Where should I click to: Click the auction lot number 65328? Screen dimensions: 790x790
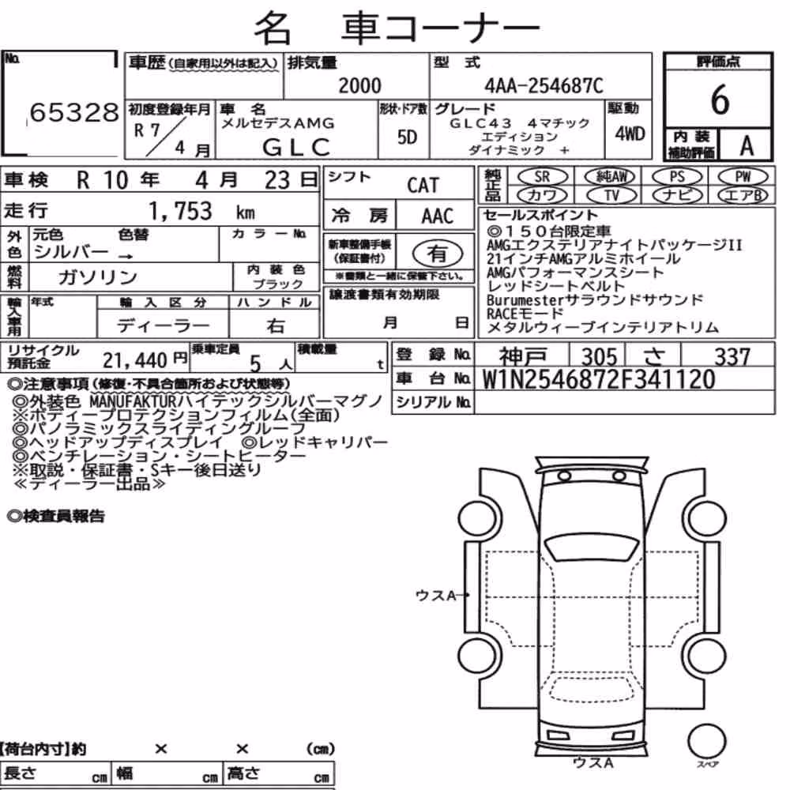click(74, 112)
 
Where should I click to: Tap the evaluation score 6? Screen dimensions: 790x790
click(720, 99)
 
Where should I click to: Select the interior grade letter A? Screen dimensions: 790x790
click(747, 145)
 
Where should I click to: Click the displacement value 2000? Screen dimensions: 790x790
click(359, 85)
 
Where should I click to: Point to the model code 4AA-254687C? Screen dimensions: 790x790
click(544, 86)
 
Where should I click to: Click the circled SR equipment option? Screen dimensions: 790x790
click(543, 177)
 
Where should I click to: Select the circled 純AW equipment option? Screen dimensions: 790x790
click(611, 176)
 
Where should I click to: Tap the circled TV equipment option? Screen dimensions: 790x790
click(611, 195)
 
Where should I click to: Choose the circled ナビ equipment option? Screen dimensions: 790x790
click(677, 195)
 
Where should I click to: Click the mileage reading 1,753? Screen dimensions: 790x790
click(180, 211)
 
